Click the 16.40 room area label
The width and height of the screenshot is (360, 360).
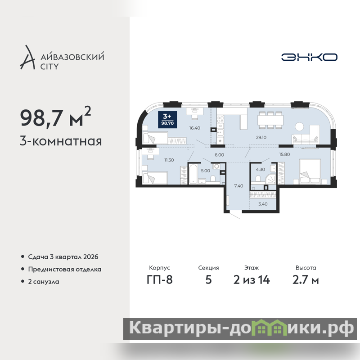[x=195, y=128]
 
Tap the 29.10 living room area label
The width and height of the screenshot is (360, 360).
[x=261, y=138]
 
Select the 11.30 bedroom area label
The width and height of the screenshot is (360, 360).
[x=169, y=160]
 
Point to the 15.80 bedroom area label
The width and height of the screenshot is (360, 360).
[x=284, y=154]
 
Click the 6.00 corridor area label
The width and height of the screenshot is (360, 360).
[x=219, y=155]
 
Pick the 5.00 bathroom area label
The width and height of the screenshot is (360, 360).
[x=205, y=171]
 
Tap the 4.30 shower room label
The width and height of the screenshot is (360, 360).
[x=261, y=170]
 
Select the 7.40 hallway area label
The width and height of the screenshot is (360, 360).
[x=238, y=186]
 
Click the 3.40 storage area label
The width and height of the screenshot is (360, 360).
[x=263, y=204]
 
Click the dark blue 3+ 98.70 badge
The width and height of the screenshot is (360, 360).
[x=167, y=119]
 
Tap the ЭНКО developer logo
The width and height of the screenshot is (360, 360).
[x=309, y=57]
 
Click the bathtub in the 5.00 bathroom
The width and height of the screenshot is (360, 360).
[x=193, y=174]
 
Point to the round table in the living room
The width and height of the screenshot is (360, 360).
[x=299, y=126]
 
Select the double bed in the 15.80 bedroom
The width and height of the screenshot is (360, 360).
[x=310, y=172]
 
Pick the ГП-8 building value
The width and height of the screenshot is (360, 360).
[x=160, y=280]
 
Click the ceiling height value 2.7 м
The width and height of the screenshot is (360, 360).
[x=306, y=280]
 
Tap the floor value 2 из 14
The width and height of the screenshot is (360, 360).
[x=252, y=280]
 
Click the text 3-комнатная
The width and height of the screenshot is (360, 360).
[x=61, y=141]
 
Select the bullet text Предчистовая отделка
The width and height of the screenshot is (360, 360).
[x=64, y=269]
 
